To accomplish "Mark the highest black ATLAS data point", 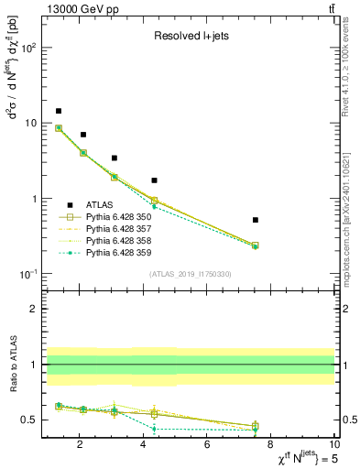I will click(59, 111).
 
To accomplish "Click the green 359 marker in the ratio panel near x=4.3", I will click(154, 428).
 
